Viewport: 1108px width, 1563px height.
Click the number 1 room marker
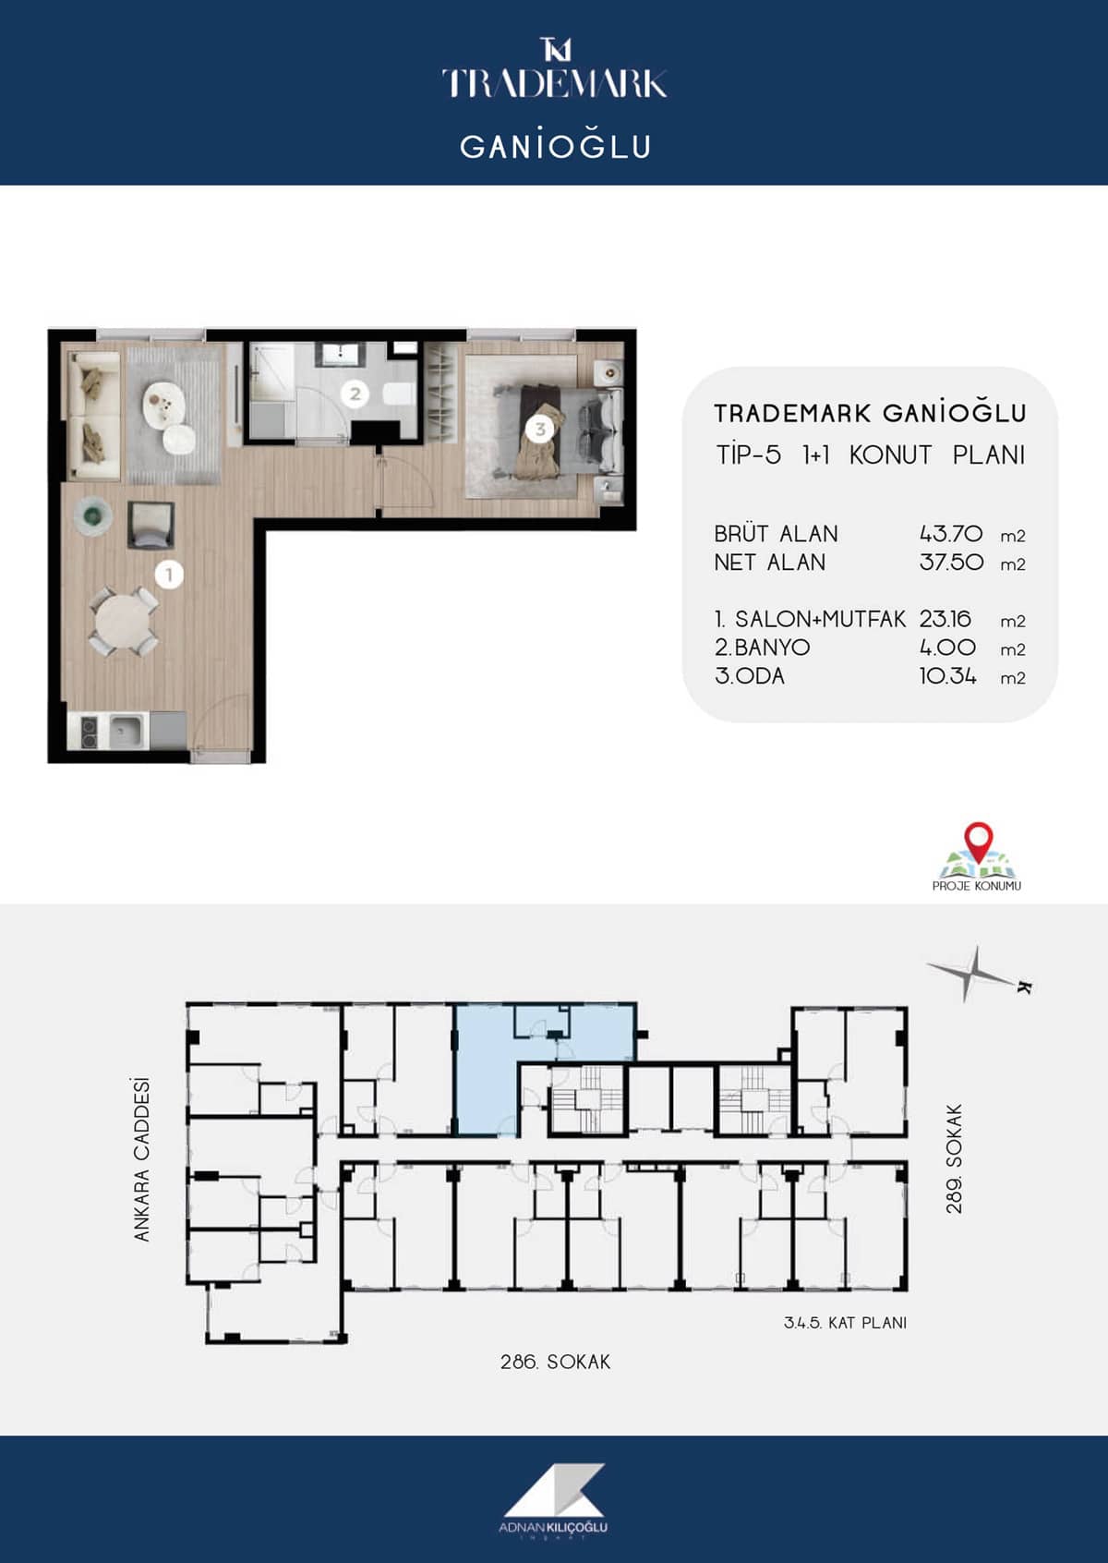(x=169, y=575)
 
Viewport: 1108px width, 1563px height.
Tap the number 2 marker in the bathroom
(x=355, y=394)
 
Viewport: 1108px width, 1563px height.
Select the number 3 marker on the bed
(x=540, y=430)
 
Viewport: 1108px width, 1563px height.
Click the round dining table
(x=124, y=622)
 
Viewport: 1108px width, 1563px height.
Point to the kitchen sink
(x=126, y=731)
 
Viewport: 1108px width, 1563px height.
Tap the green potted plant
(x=92, y=515)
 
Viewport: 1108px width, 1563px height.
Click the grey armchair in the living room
(x=151, y=526)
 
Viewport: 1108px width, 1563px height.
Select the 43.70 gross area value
(x=951, y=535)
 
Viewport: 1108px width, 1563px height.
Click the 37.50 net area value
(x=951, y=563)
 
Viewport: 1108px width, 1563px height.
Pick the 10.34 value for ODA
(x=947, y=676)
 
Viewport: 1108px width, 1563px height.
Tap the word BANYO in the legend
(x=772, y=648)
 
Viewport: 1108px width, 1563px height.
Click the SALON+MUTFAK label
(x=820, y=619)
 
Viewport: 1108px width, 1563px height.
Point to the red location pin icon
(x=979, y=842)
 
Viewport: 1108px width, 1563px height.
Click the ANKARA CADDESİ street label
(x=141, y=1159)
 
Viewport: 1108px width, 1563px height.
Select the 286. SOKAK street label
(x=555, y=1362)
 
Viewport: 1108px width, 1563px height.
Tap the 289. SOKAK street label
(x=954, y=1158)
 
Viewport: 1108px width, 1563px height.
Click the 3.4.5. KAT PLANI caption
(x=845, y=1322)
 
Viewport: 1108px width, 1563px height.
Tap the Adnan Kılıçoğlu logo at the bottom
(x=553, y=1497)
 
